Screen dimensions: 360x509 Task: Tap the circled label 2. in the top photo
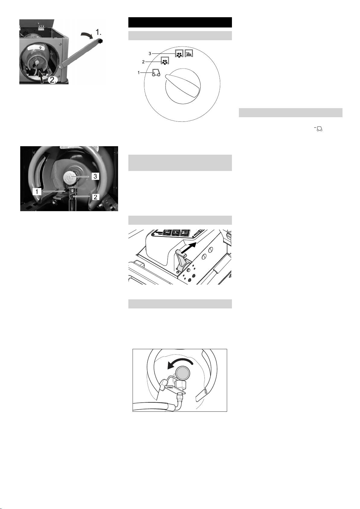tap(53, 80)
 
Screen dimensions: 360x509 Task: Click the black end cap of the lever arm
tap(100, 41)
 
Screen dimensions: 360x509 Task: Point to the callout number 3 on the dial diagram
tap(150, 54)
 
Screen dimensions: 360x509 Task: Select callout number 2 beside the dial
tap(143, 62)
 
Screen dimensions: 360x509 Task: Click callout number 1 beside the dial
tap(139, 73)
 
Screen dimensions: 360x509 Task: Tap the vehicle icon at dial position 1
tap(156, 72)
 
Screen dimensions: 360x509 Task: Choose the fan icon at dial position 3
tap(179, 53)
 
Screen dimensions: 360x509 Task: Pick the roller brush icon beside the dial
tap(189, 53)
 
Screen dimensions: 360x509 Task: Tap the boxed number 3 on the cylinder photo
tap(95, 176)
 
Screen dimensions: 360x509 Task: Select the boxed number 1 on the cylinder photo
tap(37, 192)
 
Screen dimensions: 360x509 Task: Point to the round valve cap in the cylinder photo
tap(71, 177)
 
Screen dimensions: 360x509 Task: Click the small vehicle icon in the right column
tap(319, 129)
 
